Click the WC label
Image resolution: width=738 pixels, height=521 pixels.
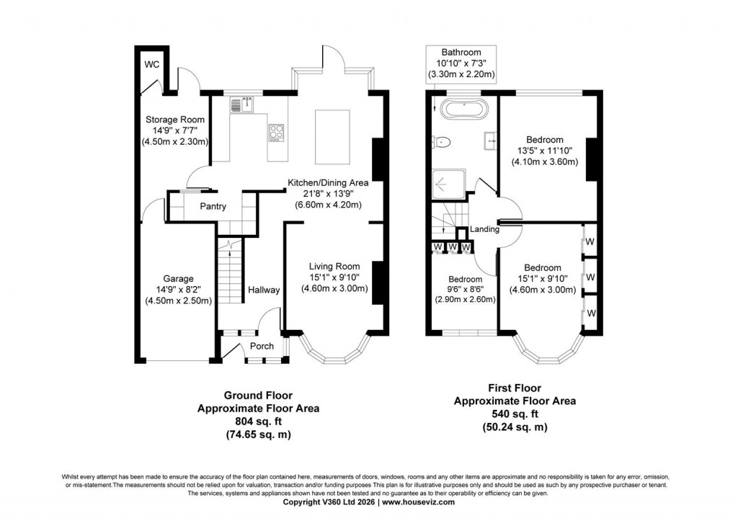coord(151,65)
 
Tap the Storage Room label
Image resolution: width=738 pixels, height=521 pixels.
coord(175,120)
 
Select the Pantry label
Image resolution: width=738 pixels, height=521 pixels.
coord(213,207)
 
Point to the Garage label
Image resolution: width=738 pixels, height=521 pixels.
coord(178,278)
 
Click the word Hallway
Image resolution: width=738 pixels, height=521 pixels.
coord(264,290)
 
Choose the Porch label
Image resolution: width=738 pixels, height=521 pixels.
coord(262,346)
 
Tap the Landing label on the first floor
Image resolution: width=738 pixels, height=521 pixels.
coord(484,229)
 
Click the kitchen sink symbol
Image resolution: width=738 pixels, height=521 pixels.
coord(241,106)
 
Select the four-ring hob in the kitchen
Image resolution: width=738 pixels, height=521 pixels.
coord(277,132)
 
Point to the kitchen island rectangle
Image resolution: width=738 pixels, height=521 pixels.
coord(333,136)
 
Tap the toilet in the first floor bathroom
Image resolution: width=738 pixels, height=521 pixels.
coord(442,142)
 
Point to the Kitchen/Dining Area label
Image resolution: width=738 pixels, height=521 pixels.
coord(328,183)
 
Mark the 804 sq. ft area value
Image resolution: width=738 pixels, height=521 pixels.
coord(258,422)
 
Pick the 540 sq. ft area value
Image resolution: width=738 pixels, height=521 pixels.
coord(515,414)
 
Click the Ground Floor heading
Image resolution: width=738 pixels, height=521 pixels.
coord(258,395)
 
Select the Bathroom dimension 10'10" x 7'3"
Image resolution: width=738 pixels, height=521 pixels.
coord(461,63)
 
